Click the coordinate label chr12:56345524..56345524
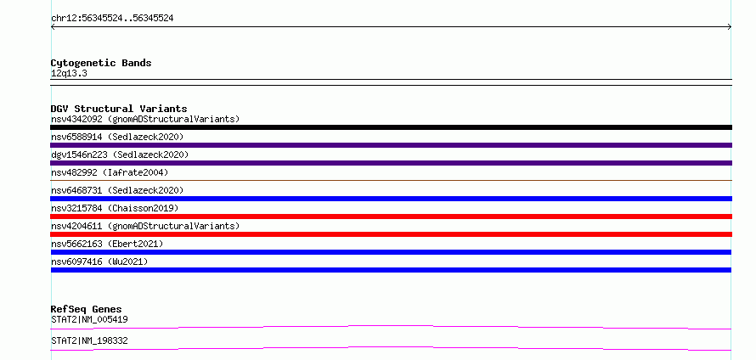(112, 19)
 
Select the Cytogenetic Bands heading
(101, 63)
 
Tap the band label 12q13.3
(69, 74)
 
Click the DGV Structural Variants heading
(119, 109)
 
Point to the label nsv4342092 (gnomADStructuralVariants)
(145, 119)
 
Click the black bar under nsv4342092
(391, 127)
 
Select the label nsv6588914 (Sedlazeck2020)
(117, 137)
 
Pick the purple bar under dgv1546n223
(391, 163)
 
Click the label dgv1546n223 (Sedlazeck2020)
(120, 155)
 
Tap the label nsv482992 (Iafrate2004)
(110, 172)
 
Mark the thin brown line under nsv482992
(391, 180)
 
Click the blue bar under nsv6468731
(391, 199)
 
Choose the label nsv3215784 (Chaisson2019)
(115, 208)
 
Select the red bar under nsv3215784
(391, 217)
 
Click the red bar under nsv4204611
(391, 234)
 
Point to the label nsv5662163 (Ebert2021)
(107, 244)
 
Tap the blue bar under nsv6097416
(391, 270)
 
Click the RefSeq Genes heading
(87, 309)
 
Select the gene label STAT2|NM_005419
(89, 319)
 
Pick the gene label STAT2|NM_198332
(89, 341)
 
